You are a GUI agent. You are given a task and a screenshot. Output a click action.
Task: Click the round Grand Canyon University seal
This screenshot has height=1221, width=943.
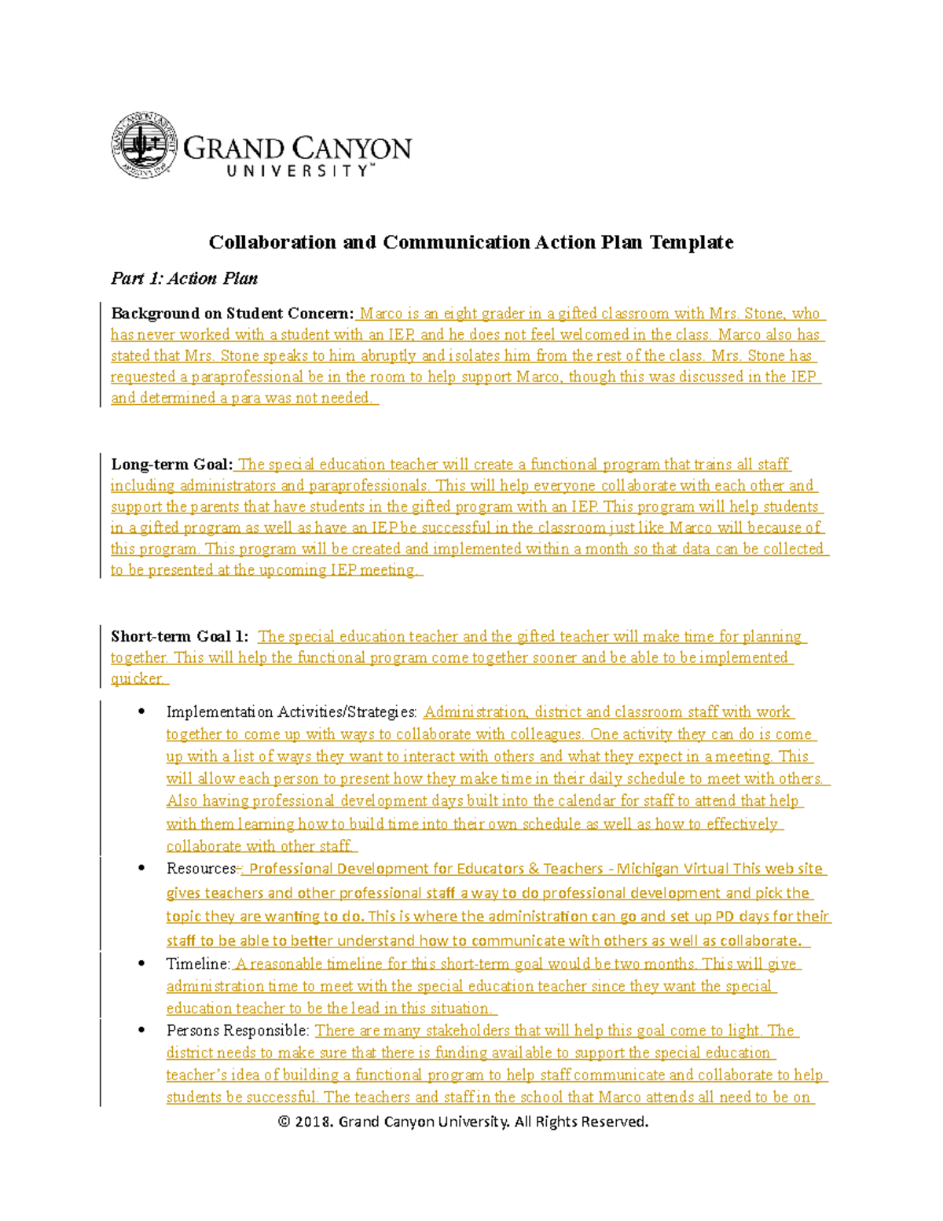click(144, 145)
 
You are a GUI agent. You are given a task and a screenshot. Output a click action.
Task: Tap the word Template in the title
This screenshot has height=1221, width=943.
click(691, 242)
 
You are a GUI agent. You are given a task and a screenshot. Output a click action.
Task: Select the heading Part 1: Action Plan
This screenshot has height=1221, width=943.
click(184, 278)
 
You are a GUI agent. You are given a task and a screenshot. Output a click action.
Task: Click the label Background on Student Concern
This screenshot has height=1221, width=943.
click(232, 314)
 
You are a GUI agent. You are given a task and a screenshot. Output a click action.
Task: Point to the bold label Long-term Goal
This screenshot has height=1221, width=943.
click(171, 465)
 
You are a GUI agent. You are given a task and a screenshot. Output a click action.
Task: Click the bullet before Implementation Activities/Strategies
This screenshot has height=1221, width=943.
click(141, 712)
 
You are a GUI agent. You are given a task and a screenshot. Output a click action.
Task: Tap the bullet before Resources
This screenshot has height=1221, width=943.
click(141, 868)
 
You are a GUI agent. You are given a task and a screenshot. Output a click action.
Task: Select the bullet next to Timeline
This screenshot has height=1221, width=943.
click(141, 963)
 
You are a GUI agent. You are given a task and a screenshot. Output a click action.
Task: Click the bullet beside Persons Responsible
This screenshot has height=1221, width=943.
click(141, 1030)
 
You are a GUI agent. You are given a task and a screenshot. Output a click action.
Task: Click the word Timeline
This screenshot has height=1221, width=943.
click(197, 964)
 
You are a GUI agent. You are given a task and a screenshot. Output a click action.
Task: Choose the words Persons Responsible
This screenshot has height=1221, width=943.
click(237, 1031)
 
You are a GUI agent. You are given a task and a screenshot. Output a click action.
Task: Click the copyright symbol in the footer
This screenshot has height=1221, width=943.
click(284, 1122)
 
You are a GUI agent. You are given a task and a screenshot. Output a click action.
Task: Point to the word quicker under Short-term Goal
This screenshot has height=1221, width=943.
click(137, 679)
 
